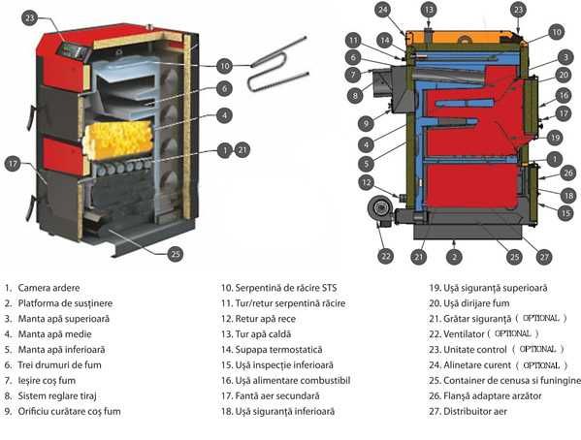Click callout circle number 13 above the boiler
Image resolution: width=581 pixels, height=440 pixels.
(429, 9)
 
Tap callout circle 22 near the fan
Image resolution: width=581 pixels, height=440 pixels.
(386, 256)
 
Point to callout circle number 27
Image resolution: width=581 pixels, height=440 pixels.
(544, 256)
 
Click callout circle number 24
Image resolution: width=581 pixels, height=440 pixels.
(384, 11)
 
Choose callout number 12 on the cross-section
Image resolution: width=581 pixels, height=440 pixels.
(366, 182)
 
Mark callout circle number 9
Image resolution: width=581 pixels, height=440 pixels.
(364, 123)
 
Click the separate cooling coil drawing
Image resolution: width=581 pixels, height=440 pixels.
(277, 68)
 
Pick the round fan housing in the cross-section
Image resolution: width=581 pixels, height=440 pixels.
(374, 211)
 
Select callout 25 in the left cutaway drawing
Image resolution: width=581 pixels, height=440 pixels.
(175, 254)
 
